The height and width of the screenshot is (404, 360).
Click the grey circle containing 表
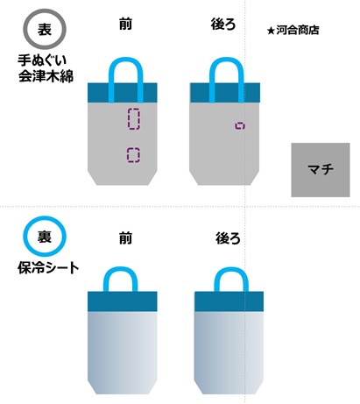(x=45, y=11)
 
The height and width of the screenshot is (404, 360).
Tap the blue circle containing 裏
(x=45, y=218)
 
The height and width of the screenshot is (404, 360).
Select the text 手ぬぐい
(x=42, y=60)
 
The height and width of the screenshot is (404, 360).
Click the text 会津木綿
(x=46, y=75)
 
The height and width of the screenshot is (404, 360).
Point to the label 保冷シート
(x=48, y=268)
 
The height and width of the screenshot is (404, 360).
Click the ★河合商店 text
(x=293, y=30)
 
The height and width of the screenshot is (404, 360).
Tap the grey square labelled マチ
(x=321, y=170)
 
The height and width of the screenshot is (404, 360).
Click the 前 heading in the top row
(x=125, y=24)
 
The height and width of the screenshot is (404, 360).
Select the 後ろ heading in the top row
(x=223, y=24)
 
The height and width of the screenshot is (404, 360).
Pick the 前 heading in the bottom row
(x=125, y=238)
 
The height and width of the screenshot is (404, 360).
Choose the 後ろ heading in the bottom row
(x=228, y=238)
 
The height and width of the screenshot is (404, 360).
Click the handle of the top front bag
(x=126, y=60)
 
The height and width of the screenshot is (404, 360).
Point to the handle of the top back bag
(x=226, y=60)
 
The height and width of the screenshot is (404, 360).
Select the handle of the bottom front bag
(x=120, y=269)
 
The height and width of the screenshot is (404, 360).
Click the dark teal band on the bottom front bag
(x=123, y=301)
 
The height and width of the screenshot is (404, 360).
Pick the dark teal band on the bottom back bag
(x=229, y=301)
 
